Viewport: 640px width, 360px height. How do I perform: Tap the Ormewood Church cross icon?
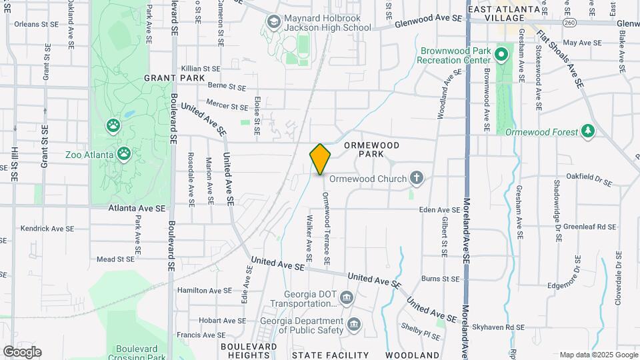(417, 177)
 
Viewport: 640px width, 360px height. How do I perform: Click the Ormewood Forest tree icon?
(588, 131)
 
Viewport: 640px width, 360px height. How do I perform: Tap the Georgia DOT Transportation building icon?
(346, 297)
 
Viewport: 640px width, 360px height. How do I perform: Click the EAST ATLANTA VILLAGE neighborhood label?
(503, 13)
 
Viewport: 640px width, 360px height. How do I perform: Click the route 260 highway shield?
(569, 23)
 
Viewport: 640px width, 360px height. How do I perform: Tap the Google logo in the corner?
(22, 352)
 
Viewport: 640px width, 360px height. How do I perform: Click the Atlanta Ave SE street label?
(137, 208)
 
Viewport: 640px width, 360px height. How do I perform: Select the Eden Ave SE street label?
(441, 210)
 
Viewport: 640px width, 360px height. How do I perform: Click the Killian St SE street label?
(201, 69)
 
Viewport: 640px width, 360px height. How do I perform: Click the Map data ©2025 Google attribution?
(598, 355)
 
